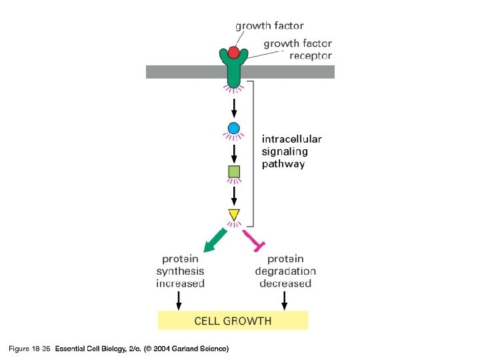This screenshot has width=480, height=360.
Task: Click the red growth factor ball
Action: pos(233,53)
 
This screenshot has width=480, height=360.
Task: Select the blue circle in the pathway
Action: pos(233,128)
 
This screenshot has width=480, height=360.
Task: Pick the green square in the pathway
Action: pos(233,172)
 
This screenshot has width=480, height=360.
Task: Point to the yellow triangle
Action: pos(233,215)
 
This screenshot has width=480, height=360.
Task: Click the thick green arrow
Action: pos(215,241)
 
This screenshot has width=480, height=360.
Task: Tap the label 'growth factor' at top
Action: pos(269,26)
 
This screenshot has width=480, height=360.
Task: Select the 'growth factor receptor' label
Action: pos(298,49)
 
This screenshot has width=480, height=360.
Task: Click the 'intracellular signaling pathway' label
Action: pos(291,151)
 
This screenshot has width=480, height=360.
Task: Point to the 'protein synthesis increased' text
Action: pos(180,271)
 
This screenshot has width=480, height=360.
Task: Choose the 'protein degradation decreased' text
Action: pos(285,271)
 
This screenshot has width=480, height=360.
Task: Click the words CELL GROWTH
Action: pos(233,321)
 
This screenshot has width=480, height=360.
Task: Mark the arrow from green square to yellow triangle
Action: pos(233,195)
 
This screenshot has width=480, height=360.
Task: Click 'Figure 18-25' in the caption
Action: pos(29,349)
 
